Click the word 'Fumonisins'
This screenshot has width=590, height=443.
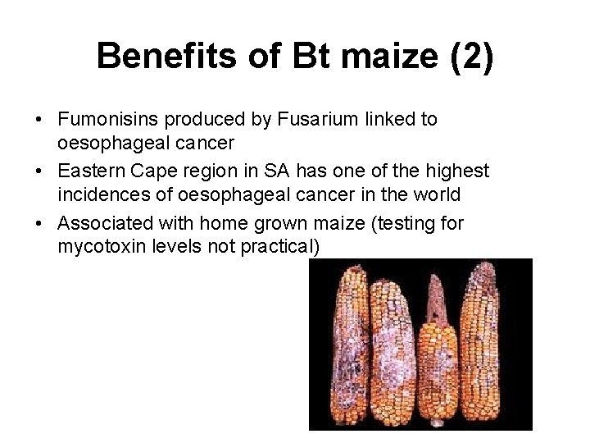click(x=105, y=120)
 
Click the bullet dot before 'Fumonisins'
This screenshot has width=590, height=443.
click(x=39, y=121)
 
